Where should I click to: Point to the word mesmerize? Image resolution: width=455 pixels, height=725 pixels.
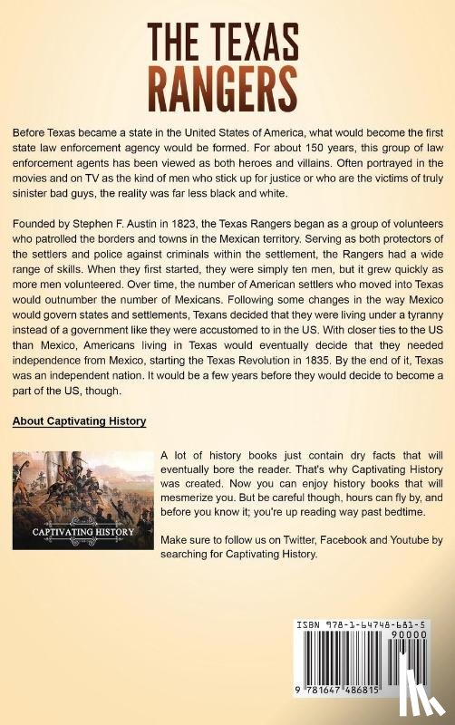(191, 499)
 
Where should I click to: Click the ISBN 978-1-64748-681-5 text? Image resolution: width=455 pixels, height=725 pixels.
(369, 627)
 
